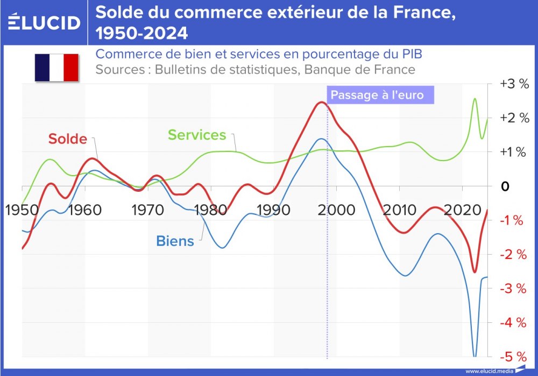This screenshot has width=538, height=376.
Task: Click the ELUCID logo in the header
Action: coord(45,22)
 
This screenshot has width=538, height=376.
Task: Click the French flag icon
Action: coord(56,67)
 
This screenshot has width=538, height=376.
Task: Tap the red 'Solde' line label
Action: coord(68,139)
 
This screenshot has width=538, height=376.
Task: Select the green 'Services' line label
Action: coord(197,134)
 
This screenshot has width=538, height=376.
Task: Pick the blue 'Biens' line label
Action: coord(175,241)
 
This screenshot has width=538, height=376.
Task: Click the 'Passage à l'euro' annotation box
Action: coord(377,95)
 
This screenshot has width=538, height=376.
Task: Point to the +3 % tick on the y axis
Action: coord(514,84)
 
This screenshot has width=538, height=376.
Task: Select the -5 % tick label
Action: coord(514,357)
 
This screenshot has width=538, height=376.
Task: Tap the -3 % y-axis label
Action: coord(514,288)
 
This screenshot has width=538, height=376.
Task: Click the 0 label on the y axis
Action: coord(505,186)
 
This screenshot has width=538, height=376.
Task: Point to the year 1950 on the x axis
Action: coord(22,209)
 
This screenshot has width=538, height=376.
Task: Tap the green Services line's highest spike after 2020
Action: coord(475,99)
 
